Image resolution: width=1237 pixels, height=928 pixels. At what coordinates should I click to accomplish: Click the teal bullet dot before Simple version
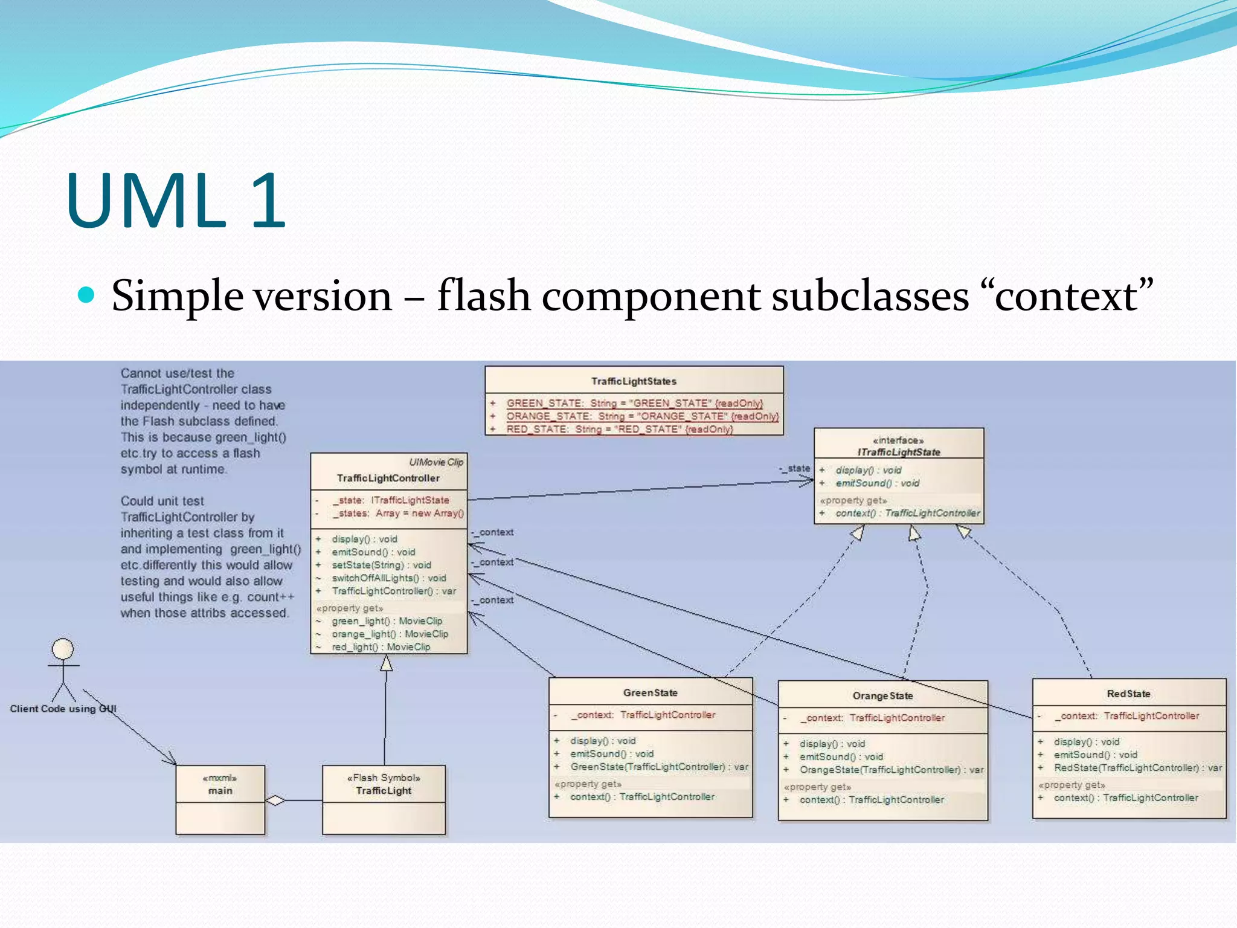87,295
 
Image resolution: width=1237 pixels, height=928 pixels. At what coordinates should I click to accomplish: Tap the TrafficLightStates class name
634,381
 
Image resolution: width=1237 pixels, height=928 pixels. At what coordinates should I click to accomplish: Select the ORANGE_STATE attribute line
642,416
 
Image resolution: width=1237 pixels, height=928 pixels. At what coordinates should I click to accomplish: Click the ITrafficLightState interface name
899,452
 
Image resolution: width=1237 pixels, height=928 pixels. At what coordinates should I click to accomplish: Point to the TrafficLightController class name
388,478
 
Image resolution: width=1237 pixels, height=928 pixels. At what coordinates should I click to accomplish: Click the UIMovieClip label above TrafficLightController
436,462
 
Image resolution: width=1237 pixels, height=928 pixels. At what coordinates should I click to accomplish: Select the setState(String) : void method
381,565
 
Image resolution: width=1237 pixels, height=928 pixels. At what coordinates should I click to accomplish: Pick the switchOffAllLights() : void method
388,578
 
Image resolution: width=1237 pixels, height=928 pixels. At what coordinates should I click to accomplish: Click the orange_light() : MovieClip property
390,634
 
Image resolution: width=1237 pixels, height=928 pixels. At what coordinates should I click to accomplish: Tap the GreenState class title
650,693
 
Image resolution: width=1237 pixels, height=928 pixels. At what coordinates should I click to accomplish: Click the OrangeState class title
882,696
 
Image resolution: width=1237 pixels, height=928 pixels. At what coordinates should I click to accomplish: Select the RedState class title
1128,694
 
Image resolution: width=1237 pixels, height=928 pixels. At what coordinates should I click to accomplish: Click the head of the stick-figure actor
63,649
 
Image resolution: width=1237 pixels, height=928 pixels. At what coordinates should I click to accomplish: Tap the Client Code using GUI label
63,709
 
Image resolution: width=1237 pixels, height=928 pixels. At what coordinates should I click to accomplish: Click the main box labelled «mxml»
220,785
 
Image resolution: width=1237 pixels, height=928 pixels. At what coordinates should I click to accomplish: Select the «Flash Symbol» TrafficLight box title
384,785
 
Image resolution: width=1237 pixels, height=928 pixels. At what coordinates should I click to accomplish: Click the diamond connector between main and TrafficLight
275,801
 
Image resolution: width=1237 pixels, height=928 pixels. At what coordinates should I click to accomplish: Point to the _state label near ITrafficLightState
795,468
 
